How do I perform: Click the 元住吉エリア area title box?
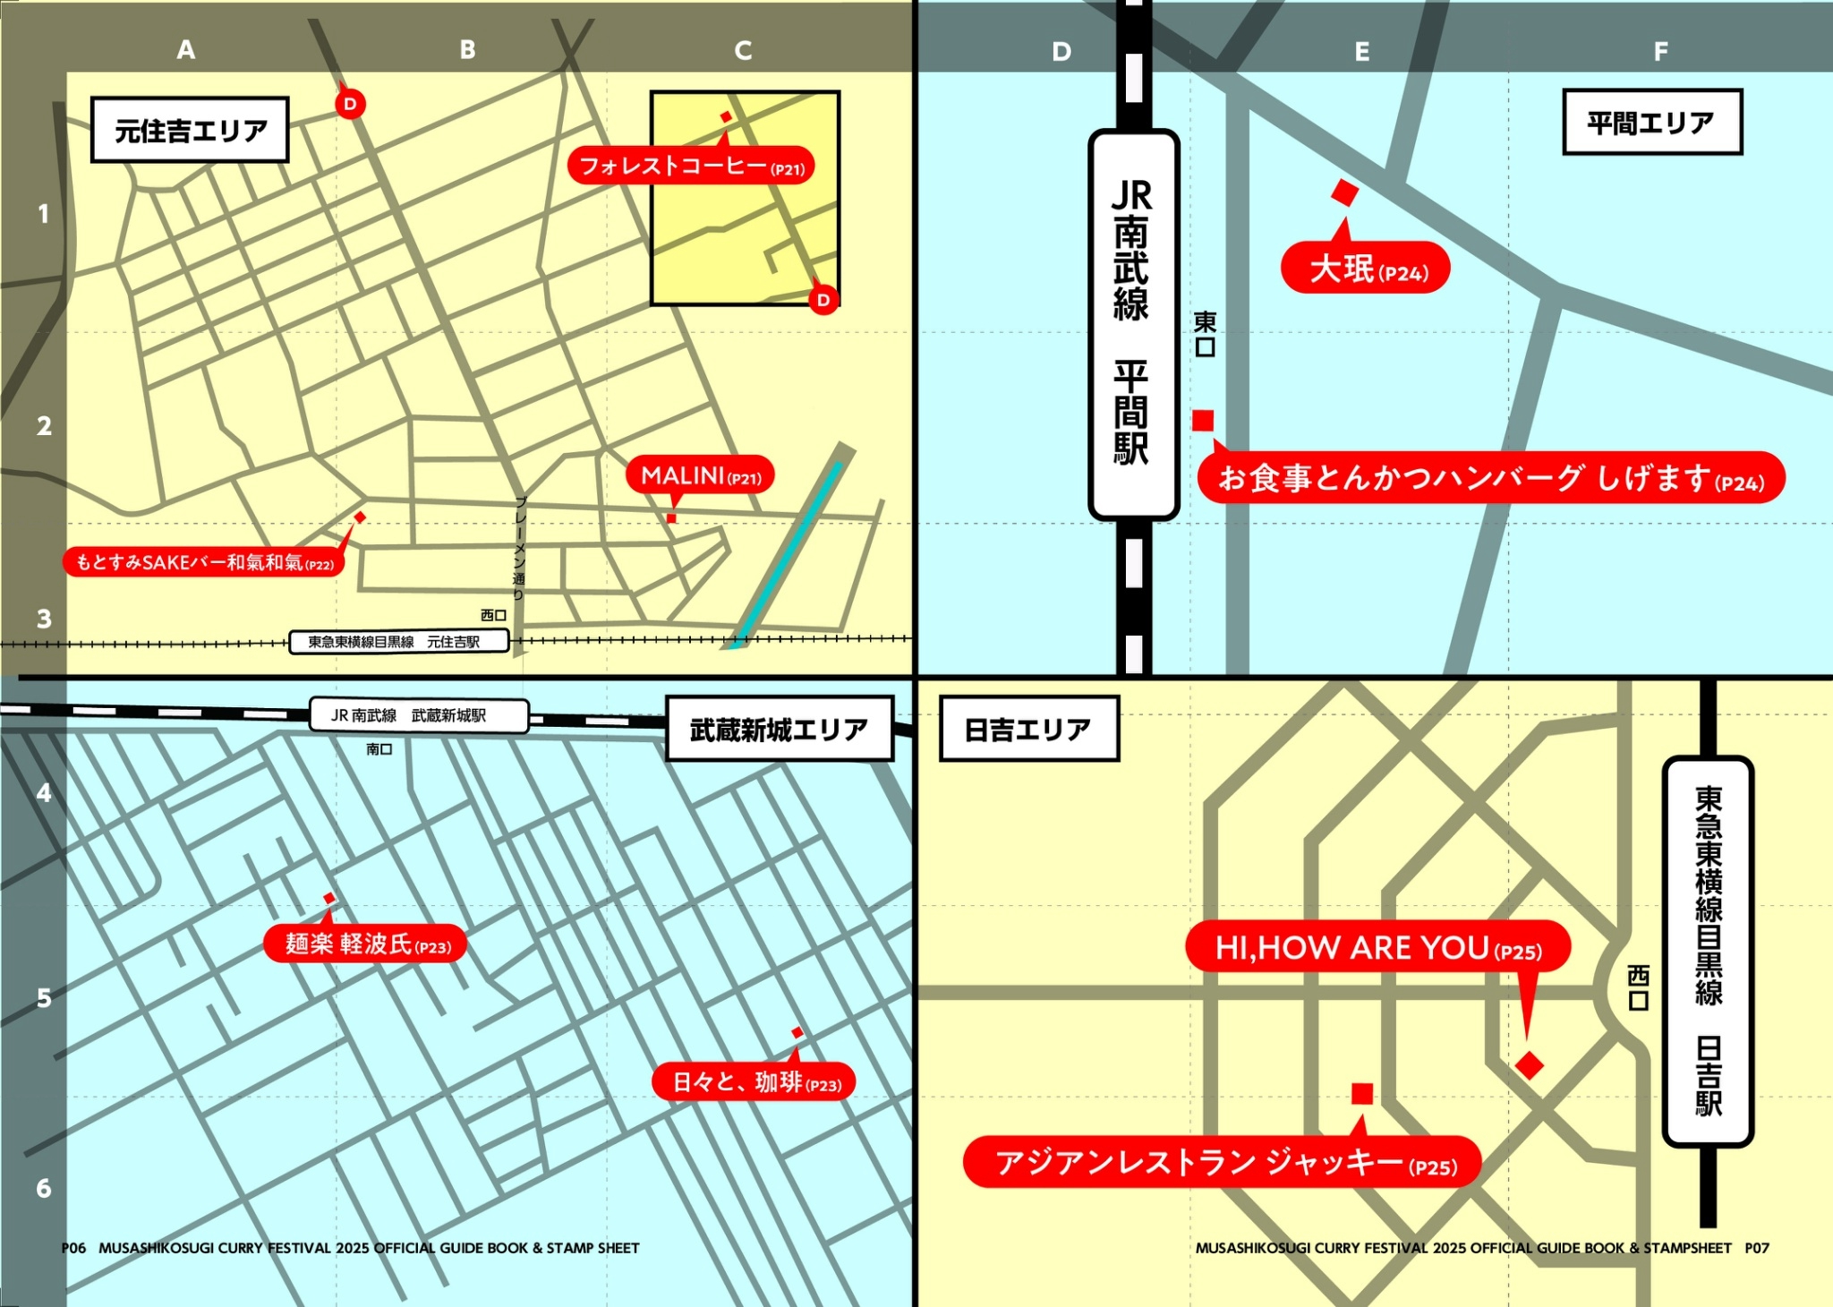(190, 130)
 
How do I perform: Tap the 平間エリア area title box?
(1651, 122)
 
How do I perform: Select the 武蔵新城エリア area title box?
(779, 729)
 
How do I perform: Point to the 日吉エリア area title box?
(1028, 729)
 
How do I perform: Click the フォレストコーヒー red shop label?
(691, 166)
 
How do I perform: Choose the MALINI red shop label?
(700, 475)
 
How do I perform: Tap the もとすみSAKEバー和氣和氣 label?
(204, 562)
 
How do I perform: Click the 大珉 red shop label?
(1366, 268)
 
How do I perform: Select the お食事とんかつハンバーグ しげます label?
(1490, 478)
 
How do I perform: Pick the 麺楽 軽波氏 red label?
(365, 944)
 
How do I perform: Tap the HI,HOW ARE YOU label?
(1377, 947)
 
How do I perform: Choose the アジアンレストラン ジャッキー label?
(1223, 1162)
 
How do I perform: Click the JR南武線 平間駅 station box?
(1133, 324)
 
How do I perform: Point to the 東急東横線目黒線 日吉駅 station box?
(1708, 951)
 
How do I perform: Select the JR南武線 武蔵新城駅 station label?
(419, 715)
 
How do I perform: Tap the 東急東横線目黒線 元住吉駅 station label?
(399, 642)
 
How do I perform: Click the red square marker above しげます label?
(1203, 420)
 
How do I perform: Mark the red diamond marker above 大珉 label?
(1344, 192)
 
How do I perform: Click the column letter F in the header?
(1660, 51)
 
